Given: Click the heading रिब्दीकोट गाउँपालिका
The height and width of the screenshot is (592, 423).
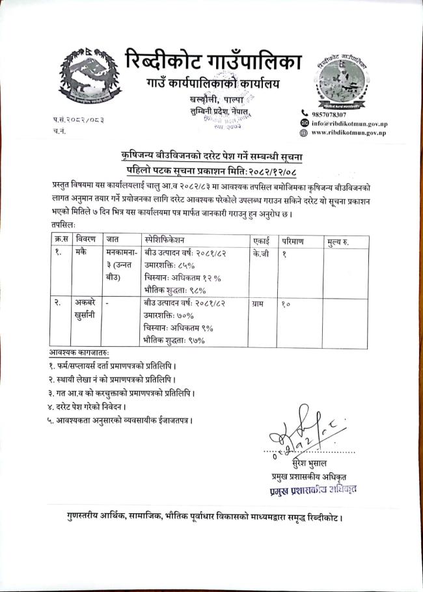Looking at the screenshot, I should point(212,61).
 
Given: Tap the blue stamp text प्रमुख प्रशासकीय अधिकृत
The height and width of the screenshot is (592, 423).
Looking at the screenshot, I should point(314,489).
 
